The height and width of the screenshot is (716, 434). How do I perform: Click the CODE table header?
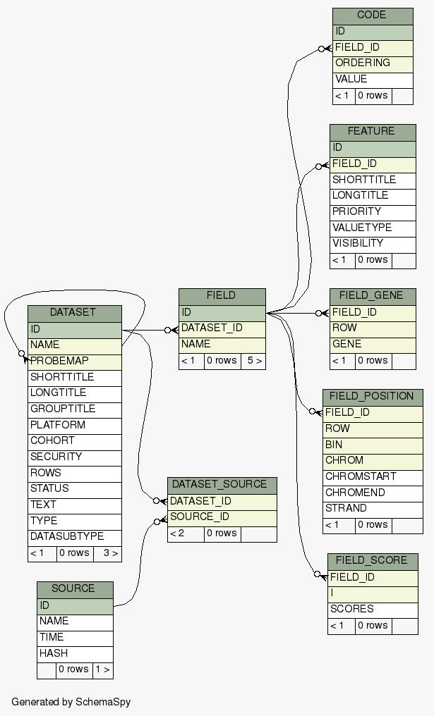[x=372, y=16]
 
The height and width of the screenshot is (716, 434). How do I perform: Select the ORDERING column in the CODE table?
[x=372, y=63]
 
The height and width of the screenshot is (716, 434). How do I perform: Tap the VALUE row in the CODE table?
[x=372, y=80]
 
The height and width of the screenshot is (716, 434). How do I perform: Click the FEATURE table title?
[x=372, y=132]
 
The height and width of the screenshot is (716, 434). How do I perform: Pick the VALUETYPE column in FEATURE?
[x=372, y=228]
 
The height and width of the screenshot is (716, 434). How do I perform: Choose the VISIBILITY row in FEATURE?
[x=372, y=244]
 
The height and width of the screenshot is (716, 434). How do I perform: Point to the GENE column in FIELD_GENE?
[x=372, y=345]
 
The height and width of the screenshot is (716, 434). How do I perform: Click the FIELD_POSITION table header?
[x=372, y=397]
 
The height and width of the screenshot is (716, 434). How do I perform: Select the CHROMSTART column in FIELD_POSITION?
[x=372, y=476]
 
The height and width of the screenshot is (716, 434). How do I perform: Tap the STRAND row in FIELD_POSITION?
[x=372, y=508]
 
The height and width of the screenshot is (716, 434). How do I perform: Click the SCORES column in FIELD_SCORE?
[x=372, y=609]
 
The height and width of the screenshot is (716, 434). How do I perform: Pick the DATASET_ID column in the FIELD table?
[x=222, y=328]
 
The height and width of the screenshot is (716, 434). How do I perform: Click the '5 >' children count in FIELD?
[x=253, y=361]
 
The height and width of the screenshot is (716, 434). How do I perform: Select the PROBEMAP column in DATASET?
[x=75, y=361]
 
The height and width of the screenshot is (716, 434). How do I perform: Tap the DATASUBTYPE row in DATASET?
[x=75, y=536]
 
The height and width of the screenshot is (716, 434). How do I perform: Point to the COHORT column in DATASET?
[x=75, y=440]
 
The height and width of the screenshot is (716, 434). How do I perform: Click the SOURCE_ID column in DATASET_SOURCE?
[x=222, y=517]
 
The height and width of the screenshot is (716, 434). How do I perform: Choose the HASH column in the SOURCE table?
[x=75, y=653]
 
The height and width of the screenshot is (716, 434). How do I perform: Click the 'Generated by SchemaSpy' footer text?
[x=71, y=702]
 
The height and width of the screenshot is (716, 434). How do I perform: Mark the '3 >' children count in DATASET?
[x=110, y=553]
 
